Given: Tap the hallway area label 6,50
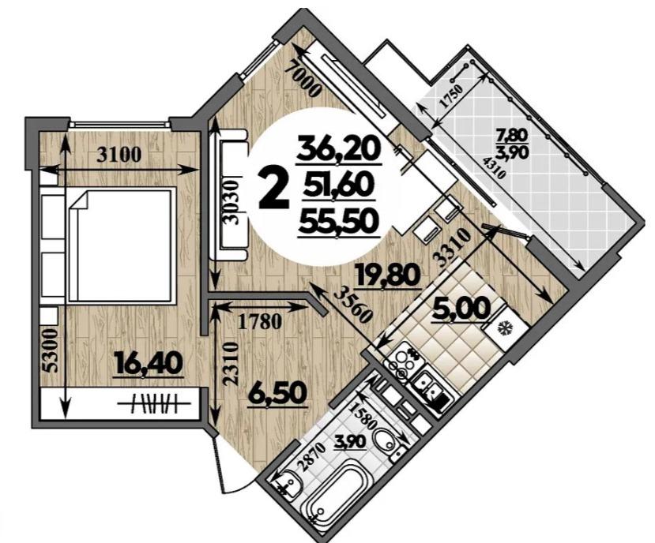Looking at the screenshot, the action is click(276, 393).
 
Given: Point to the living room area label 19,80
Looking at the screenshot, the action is click(387, 275).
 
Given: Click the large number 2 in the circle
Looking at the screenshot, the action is click(274, 190).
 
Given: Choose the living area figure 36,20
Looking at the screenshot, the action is click(338, 148).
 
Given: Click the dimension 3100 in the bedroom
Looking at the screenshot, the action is click(119, 155).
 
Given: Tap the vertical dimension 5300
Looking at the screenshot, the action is click(51, 351).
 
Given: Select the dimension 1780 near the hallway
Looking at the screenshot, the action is click(259, 322).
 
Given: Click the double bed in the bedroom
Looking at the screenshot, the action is click(120, 245).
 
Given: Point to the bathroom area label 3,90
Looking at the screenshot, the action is click(350, 441).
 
